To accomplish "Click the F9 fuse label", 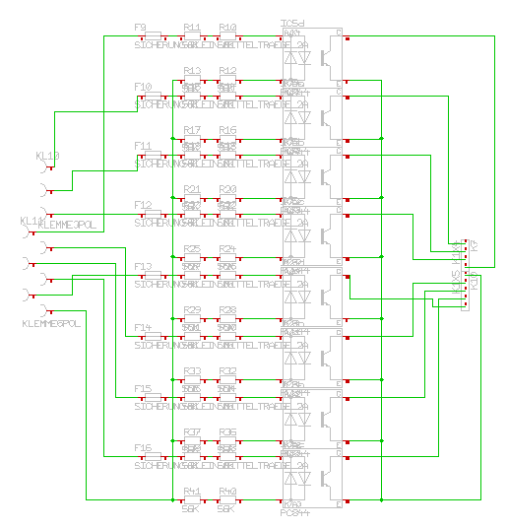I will (x=141, y=27).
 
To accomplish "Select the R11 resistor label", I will (x=192, y=27).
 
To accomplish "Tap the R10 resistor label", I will (x=227, y=27).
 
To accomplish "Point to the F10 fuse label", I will (x=143, y=88).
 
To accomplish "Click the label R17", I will (x=192, y=130).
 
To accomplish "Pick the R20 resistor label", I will (x=227, y=189).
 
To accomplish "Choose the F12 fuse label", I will (x=143, y=205).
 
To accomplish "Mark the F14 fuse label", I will (x=143, y=327).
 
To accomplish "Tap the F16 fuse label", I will (x=143, y=448).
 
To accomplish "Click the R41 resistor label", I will (x=192, y=492).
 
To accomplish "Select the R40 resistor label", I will (x=227, y=492).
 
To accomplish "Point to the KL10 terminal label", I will (x=47, y=156).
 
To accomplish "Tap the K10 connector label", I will (x=474, y=281).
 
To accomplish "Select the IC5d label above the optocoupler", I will (x=293, y=23).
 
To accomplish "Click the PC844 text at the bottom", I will (x=295, y=513).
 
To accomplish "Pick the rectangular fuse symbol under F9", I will (x=155, y=36).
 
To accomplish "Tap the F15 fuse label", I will (x=143, y=388).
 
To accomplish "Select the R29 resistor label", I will (x=192, y=310).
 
